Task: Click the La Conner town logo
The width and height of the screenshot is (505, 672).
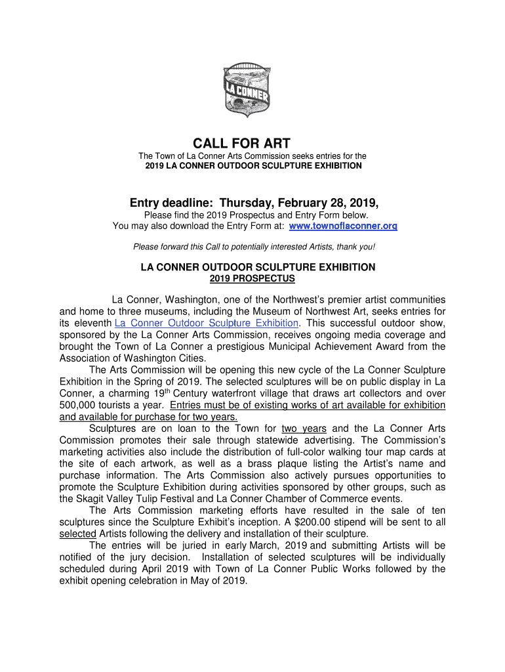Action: click(246, 89)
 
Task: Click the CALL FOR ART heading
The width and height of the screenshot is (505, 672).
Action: click(241, 143)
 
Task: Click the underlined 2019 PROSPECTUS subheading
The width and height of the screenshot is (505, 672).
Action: click(253, 279)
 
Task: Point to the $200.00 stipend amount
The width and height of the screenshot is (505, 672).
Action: click(354, 522)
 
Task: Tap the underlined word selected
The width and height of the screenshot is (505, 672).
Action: click(77, 534)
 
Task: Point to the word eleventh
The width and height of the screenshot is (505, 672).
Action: click(92, 323)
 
